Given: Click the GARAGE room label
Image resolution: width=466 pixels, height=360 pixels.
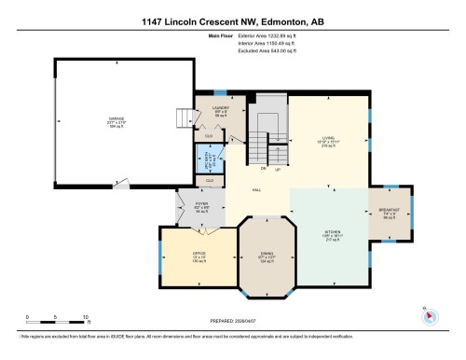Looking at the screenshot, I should pyautogui.click(x=116, y=119).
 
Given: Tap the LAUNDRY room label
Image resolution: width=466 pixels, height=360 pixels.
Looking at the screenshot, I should pyautogui.click(x=221, y=108).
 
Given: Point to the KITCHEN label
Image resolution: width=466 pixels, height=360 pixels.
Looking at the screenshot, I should pyautogui.click(x=333, y=231).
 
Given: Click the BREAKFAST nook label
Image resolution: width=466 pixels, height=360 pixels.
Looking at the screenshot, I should pyautogui.click(x=391, y=211).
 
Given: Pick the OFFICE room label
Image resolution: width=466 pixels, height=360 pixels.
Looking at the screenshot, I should pyautogui.click(x=199, y=255).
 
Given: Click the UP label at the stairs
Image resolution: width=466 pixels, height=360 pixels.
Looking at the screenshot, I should pyautogui.click(x=279, y=168).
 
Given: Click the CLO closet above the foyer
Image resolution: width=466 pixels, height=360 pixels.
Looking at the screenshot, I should pyautogui.click(x=210, y=179).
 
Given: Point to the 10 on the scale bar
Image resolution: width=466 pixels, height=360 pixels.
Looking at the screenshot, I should pyautogui.click(x=86, y=318).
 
